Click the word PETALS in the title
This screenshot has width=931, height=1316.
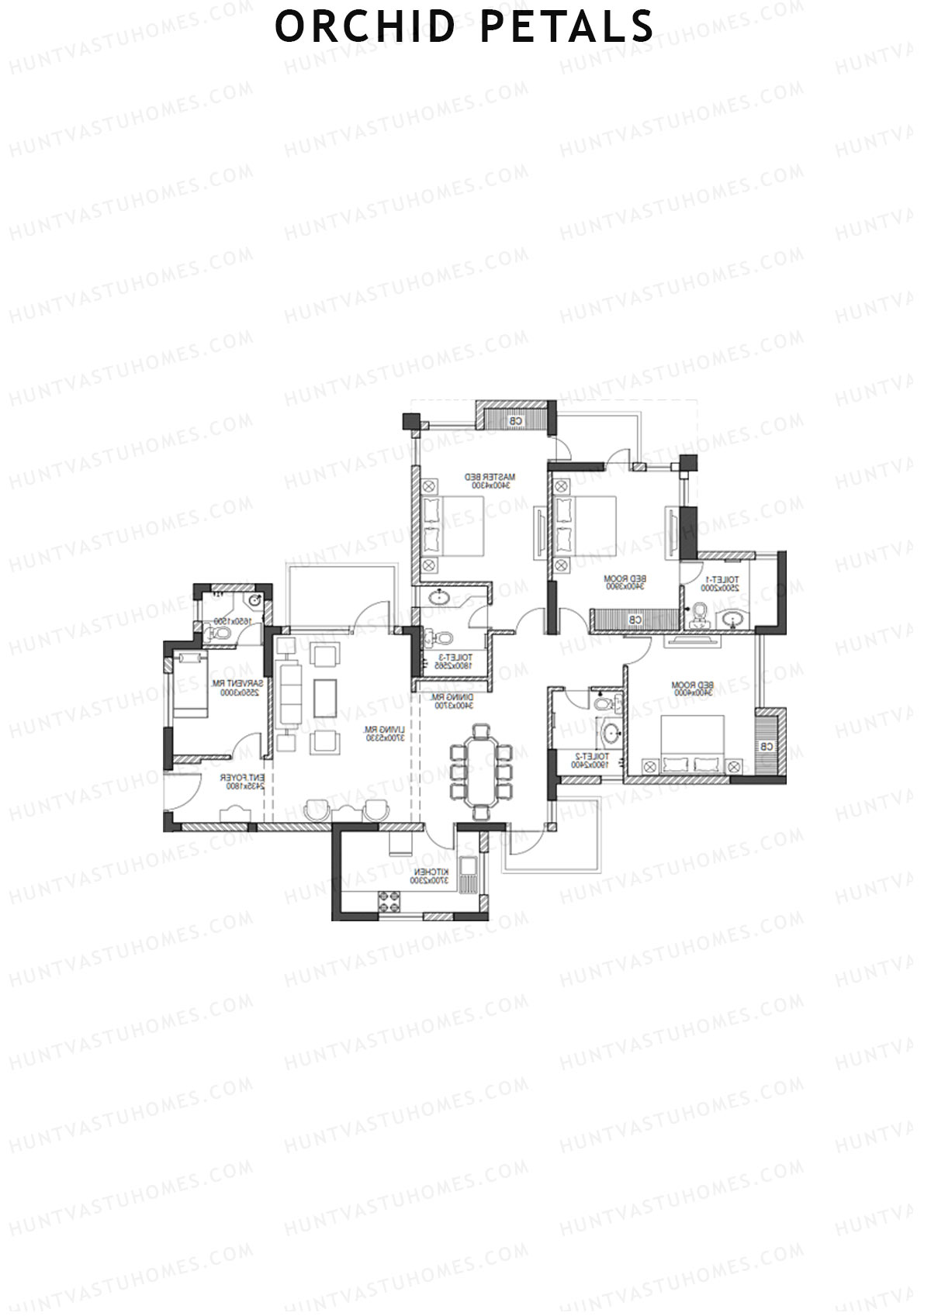click(567, 26)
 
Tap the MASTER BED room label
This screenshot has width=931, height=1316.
click(490, 475)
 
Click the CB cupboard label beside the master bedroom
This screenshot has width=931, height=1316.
click(516, 420)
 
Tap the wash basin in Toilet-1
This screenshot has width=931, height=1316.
click(731, 619)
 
